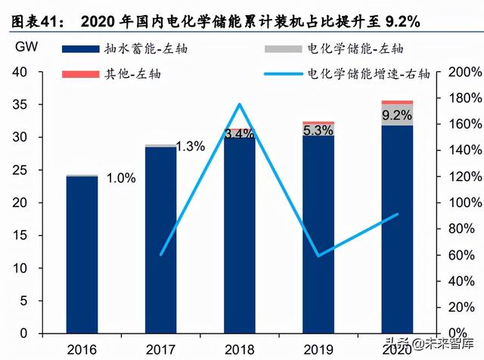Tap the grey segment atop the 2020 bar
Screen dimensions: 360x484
[397, 115]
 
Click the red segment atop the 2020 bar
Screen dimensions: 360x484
[397, 102]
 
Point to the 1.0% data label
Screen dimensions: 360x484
[120, 178]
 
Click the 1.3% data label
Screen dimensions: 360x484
[190, 147]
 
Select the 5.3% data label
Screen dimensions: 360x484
[318, 130]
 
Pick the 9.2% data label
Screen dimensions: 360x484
[397, 116]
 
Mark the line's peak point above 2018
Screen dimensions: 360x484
[240, 104]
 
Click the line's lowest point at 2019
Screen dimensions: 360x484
[318, 256]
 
